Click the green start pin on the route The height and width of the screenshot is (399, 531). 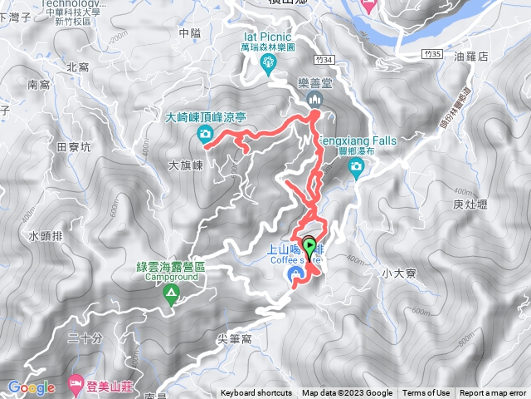point(310,246)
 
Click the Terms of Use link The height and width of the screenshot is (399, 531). point(426,393)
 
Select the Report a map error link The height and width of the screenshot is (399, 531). point(494,393)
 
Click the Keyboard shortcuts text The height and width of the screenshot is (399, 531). point(256,393)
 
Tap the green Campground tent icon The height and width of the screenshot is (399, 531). point(170,293)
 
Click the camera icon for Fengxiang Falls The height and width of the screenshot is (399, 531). point(356,169)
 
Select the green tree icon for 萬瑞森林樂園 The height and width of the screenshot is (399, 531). point(268,63)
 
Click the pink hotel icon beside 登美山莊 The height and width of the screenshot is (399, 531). point(76,386)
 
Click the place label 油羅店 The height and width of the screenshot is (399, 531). point(495,57)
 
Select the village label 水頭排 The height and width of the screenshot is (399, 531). point(45,236)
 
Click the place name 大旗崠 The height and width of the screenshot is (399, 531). point(186,165)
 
